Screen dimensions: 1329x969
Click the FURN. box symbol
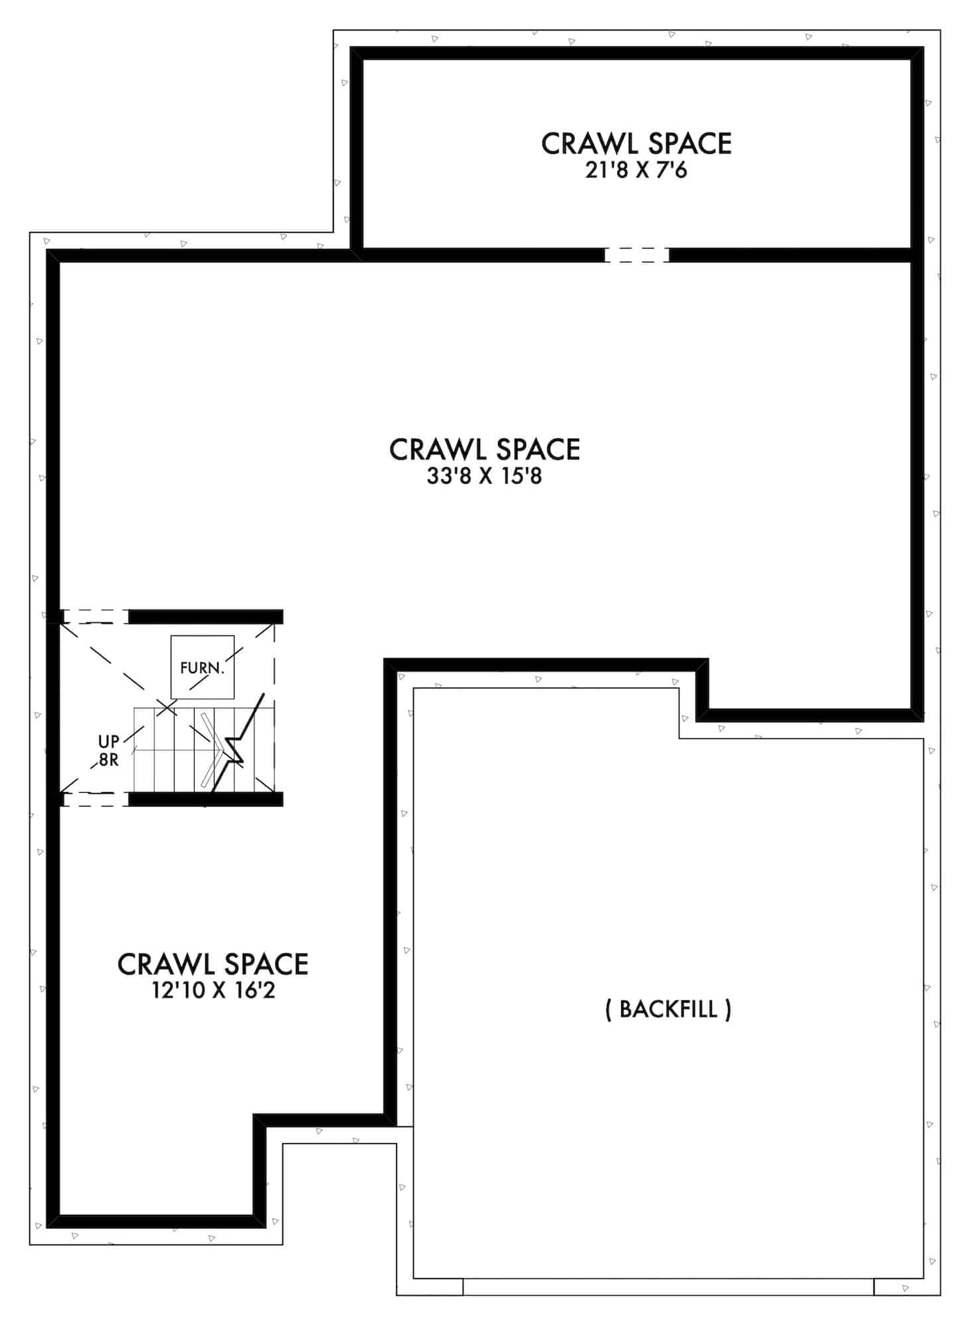coord(202,667)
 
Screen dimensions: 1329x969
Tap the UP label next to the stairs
coord(109,742)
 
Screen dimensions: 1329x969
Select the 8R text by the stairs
coord(109,760)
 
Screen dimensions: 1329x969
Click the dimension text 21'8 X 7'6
coord(636,171)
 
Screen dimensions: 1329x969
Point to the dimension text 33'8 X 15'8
coord(484,476)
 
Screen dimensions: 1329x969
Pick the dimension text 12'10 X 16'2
coord(213,991)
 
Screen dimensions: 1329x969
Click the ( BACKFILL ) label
coord(668,1009)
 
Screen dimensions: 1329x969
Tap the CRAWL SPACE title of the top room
coord(636,144)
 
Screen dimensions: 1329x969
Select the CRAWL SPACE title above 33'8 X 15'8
coord(484,450)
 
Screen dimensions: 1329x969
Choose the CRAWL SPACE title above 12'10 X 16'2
coord(213,964)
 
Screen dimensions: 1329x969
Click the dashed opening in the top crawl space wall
coord(636,255)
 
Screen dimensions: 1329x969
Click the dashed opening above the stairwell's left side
coord(95,617)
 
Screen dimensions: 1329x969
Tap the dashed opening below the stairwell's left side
coord(95,799)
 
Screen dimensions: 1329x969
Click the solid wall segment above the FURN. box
coord(205,617)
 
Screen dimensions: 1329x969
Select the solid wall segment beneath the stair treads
coord(205,799)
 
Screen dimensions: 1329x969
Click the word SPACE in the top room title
coord(689,144)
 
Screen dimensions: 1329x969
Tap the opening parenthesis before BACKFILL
coord(608,1010)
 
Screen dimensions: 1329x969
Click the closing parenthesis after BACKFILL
coord(729,1010)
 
